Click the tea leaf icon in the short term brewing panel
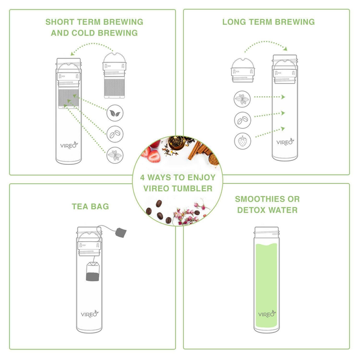click(115, 113)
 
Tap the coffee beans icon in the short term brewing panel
click(115, 134)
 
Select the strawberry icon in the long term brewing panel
click(242, 141)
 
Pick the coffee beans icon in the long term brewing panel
click(242, 120)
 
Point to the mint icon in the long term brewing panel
click(242, 99)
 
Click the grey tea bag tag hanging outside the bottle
click(121, 232)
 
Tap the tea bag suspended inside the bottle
click(93, 272)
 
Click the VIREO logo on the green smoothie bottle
click(267, 314)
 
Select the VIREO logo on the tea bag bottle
click(89, 314)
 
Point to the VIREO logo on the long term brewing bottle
click(285, 142)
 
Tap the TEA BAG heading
click(91, 206)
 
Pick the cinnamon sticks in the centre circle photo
click(199, 151)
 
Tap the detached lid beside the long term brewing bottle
click(242, 70)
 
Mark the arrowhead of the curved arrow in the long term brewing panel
click(285, 48)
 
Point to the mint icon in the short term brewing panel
click(115, 155)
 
